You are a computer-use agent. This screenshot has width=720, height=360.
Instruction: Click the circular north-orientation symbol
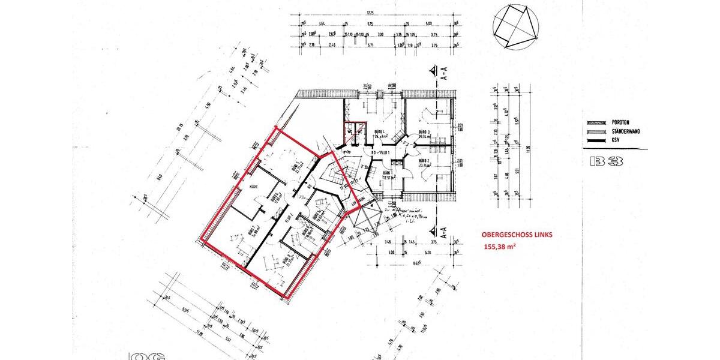tap(515, 27)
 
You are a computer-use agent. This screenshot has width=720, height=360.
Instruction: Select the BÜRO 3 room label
tap(424, 133)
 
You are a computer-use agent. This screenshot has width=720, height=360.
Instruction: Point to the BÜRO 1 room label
tap(388, 173)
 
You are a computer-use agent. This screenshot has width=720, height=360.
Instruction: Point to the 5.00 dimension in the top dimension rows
tap(427, 23)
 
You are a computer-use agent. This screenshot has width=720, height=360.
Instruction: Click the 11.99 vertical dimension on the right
tap(528, 148)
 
